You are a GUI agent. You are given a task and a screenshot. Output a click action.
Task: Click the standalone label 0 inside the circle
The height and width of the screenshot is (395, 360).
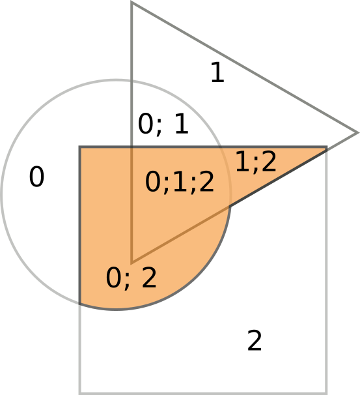tap(36, 177)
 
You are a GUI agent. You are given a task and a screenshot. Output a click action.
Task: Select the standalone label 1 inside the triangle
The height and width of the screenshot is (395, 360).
tap(218, 72)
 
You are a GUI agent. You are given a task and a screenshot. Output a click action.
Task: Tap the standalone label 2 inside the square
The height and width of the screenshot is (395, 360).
tap(255, 340)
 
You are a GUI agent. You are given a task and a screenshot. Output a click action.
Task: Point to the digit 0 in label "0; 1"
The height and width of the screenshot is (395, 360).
tap(146, 123)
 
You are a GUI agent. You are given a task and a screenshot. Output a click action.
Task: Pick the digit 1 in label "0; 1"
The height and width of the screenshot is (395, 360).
tap(182, 123)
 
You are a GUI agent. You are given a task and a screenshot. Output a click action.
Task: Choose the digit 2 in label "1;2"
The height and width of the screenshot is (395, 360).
tap(268, 161)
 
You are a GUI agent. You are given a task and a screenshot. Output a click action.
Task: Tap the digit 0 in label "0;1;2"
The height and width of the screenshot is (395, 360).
tap(153, 182)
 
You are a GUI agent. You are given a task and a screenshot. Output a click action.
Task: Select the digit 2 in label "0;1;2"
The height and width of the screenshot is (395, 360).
tap(206, 181)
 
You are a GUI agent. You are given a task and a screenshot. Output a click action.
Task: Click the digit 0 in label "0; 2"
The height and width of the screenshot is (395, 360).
tap(113, 278)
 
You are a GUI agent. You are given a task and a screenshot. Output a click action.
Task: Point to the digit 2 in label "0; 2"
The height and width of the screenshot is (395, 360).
tap(149, 277)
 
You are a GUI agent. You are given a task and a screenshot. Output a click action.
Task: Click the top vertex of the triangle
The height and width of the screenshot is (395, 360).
tap(132, 2)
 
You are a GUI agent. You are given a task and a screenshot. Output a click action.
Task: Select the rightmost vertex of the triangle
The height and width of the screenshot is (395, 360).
tap(357, 133)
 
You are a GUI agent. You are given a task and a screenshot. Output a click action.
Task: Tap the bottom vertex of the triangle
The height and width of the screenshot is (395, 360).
tap(132, 263)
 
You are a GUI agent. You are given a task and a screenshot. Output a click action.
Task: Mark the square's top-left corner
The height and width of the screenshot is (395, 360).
tap(80, 147)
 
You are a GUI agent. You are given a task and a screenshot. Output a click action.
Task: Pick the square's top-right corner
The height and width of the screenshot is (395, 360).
tap(327, 147)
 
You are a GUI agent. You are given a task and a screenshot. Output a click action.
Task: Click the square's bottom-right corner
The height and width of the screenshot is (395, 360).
tap(327, 393)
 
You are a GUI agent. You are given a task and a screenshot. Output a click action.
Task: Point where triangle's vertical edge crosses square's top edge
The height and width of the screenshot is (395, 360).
tap(132, 147)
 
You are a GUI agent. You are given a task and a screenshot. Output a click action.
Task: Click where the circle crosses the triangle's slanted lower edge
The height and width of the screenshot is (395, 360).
tap(229, 207)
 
